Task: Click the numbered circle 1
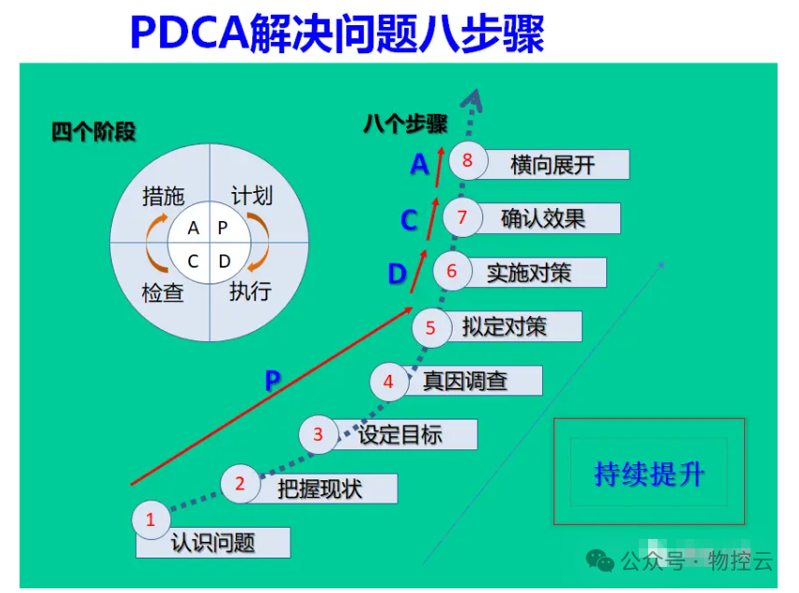point(151,520)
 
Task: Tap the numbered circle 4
point(388,381)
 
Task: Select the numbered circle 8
point(467,160)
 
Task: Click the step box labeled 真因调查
point(473,380)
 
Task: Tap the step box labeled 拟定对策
point(512,326)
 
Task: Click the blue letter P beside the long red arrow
point(273,380)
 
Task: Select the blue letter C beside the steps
point(409,221)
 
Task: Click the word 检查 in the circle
point(162,293)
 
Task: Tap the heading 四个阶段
point(93,132)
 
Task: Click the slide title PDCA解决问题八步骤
point(337,34)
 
